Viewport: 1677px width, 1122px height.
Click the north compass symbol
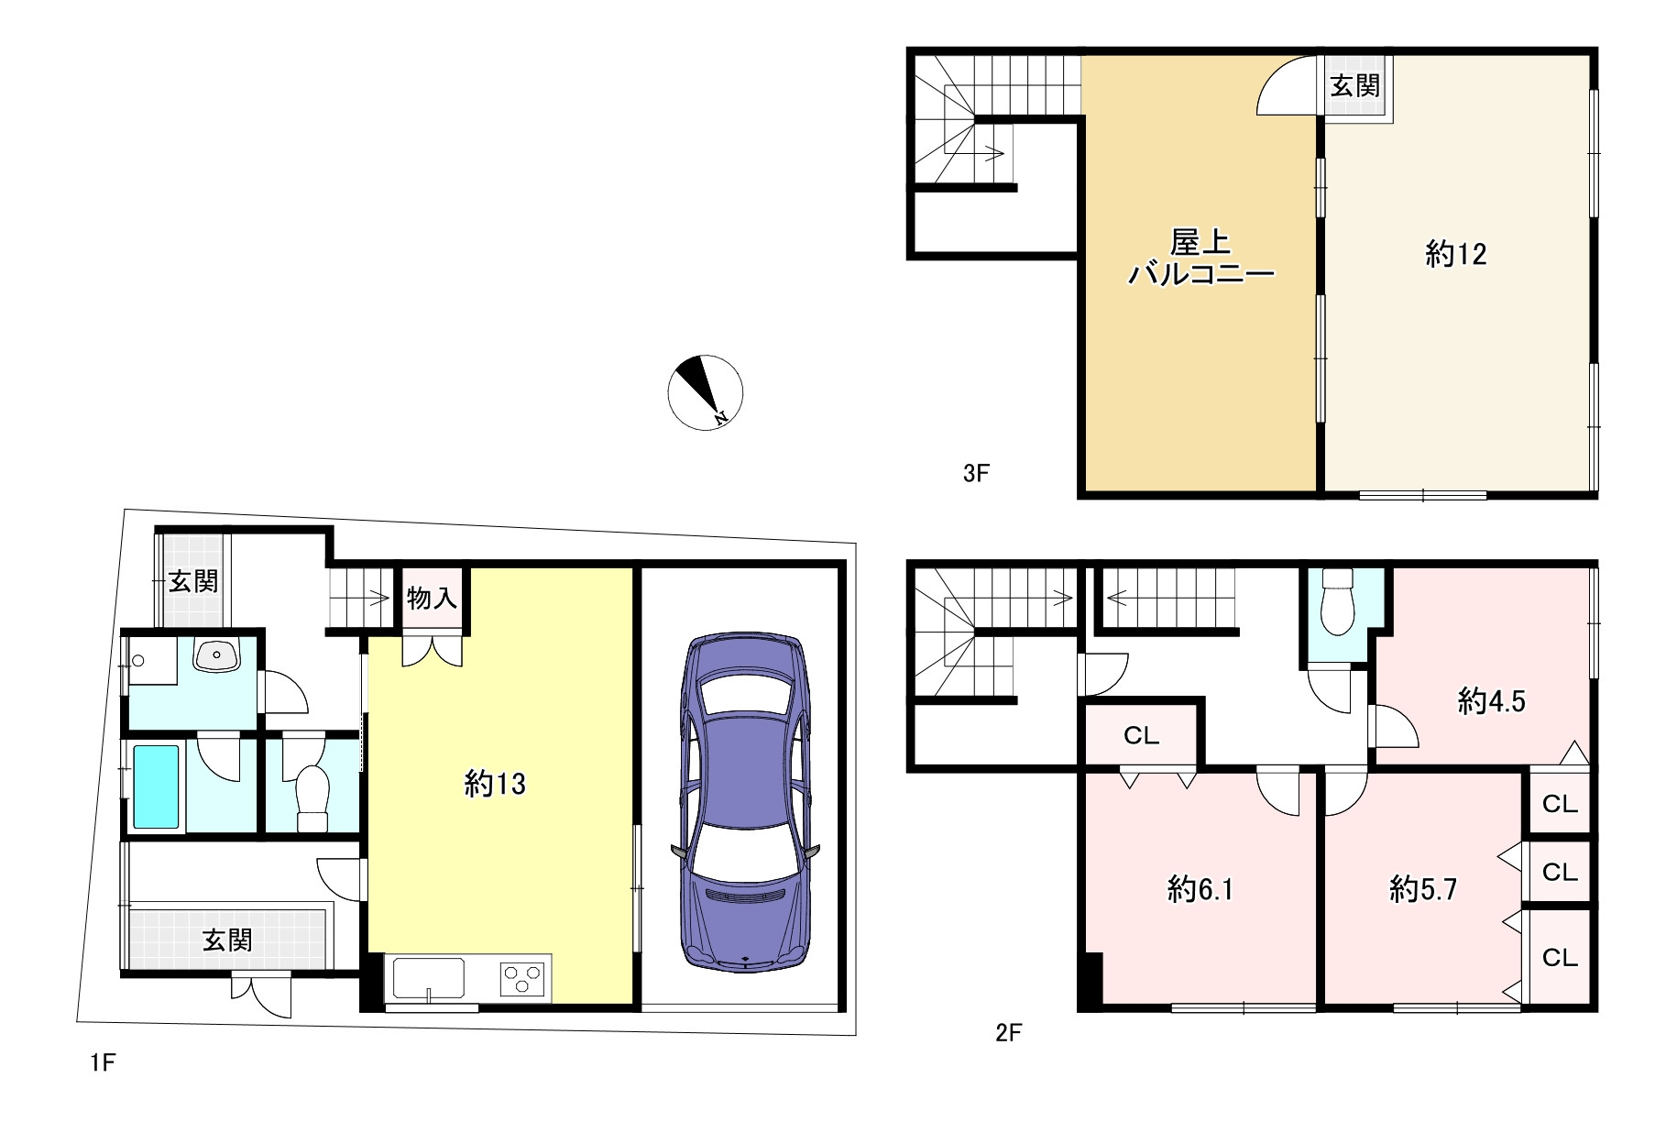point(705,392)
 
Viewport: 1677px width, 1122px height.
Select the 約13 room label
point(495,784)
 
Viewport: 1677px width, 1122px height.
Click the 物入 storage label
point(432,599)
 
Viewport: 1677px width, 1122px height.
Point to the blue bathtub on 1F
point(157,786)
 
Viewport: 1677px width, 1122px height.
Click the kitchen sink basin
point(429,978)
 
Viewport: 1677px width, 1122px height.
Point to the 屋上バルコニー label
point(1200,258)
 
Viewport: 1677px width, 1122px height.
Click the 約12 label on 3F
point(1456,254)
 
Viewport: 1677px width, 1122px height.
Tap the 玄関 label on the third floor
point(1354,86)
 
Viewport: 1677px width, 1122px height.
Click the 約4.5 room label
point(1492,702)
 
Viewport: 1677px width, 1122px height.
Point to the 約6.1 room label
point(1200,889)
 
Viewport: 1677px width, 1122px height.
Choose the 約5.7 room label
point(1423,889)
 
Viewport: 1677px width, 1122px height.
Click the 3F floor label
point(977,473)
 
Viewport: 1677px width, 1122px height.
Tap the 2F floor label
point(1008,1033)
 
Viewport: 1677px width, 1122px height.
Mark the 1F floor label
point(103,1062)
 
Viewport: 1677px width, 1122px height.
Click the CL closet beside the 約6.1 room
point(1142,735)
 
